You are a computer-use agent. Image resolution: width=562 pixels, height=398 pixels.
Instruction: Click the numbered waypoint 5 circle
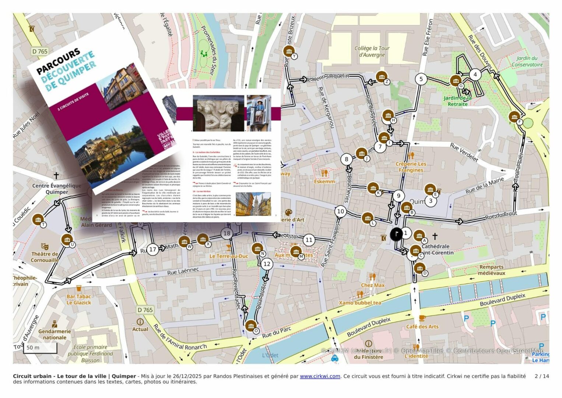coord(421,79)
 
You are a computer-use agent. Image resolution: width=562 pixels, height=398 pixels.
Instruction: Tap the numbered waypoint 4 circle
coord(475,74)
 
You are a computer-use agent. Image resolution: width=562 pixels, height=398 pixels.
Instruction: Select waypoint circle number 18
coord(227,233)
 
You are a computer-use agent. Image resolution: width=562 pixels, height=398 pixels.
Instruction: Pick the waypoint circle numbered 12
coord(267,264)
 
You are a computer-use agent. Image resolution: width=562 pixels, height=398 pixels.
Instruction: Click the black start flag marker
coord(396,234)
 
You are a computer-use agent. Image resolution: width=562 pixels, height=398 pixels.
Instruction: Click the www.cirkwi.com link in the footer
coord(320,376)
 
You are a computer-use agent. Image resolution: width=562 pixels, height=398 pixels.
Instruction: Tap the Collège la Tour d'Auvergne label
coord(372,52)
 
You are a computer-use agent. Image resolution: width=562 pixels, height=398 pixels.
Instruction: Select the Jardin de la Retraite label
coord(457,101)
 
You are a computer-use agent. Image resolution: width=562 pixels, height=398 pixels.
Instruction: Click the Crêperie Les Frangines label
coord(411,167)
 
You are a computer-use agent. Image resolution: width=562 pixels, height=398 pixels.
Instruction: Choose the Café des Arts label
coord(422,327)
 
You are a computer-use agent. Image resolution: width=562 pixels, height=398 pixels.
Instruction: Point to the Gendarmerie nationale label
coord(55,334)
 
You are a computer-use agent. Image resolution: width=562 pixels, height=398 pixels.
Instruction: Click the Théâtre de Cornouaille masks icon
coord(45,246)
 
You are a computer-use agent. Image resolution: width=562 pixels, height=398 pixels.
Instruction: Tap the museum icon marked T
coord(38,220)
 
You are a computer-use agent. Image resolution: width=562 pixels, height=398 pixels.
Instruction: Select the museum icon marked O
coord(251,326)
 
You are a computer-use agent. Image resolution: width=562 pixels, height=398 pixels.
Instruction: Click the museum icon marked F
coord(514,117)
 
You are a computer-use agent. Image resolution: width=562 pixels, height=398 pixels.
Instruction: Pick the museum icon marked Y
coord(289,51)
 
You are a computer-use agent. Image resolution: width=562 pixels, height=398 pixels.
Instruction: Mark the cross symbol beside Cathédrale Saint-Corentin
coord(435,236)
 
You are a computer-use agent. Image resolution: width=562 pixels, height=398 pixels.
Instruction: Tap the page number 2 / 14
coord(541,376)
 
